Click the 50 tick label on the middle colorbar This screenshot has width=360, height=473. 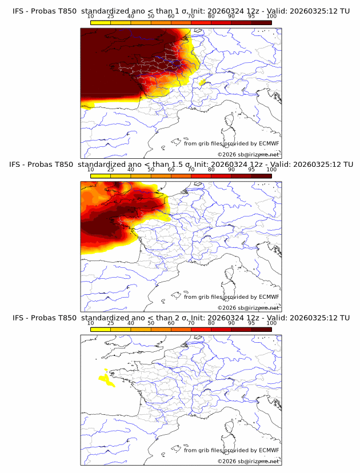pos(151,170)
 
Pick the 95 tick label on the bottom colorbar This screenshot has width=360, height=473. pos(251,323)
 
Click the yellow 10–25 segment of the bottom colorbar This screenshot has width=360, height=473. pos(101,330)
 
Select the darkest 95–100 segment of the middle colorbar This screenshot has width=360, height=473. pos(261,177)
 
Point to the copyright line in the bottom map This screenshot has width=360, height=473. pos(248,461)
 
